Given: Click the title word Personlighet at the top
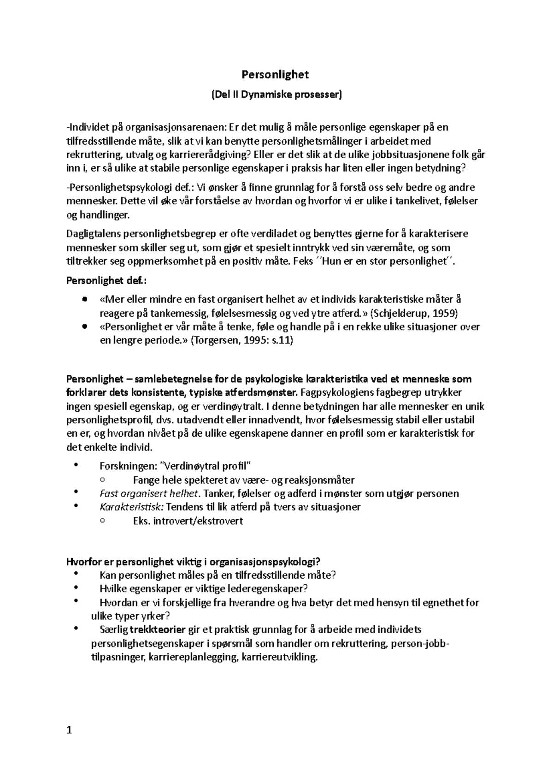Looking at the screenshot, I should point(276,74).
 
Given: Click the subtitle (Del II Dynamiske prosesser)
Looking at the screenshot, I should point(276,95).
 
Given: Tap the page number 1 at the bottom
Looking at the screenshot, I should point(69,730).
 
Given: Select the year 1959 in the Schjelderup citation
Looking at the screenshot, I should point(445,314).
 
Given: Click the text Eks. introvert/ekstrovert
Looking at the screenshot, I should point(188,521).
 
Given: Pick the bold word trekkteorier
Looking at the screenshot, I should point(158,629).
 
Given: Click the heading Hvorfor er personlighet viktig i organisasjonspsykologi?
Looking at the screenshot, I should point(193,562).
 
